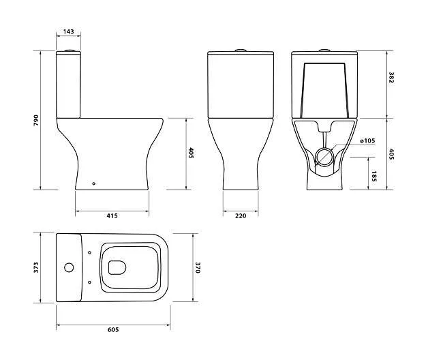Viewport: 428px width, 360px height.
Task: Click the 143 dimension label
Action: [x=69, y=31]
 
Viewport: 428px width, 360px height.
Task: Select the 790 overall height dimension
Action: [x=36, y=120]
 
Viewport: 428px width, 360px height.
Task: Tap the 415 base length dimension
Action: [x=112, y=215]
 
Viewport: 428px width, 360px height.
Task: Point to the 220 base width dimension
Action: [x=241, y=215]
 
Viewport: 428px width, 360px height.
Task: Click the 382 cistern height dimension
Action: [x=391, y=77]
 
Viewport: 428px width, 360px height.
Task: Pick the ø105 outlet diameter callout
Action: [x=367, y=141]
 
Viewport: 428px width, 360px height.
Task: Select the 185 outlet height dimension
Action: [x=374, y=177]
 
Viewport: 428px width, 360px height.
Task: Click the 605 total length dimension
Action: [x=113, y=330]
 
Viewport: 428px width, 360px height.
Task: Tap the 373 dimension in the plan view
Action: [x=36, y=267]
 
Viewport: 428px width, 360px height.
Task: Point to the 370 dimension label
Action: [x=198, y=268]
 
